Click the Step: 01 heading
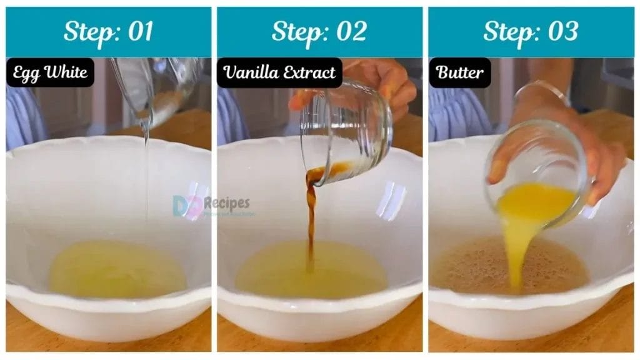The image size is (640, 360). pyautogui.click(x=108, y=31)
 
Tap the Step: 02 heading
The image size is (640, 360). pyautogui.click(x=319, y=31)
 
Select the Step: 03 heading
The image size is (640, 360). pyautogui.click(x=531, y=31)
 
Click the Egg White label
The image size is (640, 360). pyautogui.click(x=50, y=72)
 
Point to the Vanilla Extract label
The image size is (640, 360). pyautogui.click(x=279, y=72)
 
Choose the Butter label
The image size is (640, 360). pyautogui.click(x=459, y=72)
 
